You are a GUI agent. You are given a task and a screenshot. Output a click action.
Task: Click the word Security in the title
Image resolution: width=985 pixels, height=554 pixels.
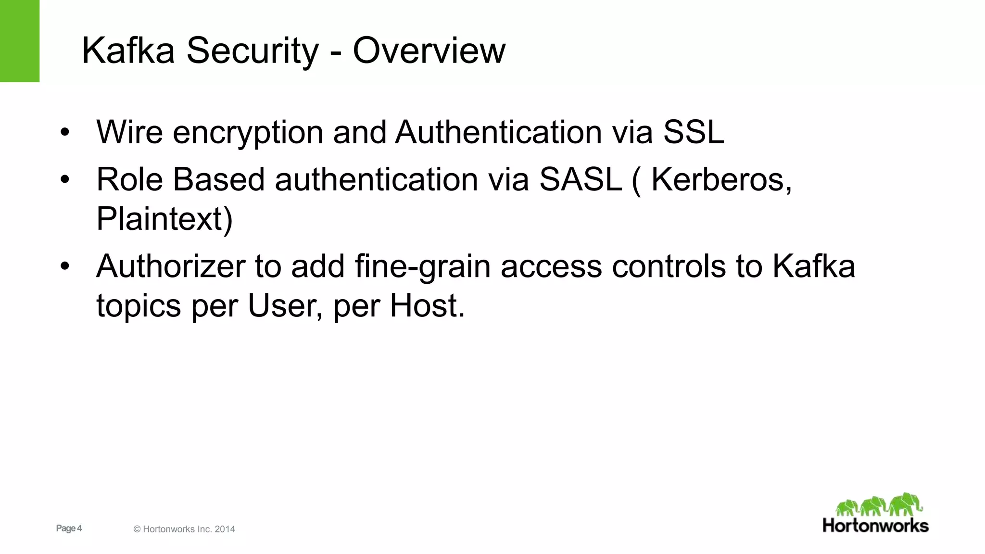(252, 50)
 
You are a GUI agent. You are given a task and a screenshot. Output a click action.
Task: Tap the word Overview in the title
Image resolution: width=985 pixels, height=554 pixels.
(429, 50)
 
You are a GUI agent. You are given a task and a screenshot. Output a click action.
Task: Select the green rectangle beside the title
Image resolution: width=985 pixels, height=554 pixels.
(20, 41)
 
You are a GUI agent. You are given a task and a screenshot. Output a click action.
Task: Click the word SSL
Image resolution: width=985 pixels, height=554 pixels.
(694, 132)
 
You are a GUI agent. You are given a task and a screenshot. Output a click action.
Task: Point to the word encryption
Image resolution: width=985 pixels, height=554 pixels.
(248, 133)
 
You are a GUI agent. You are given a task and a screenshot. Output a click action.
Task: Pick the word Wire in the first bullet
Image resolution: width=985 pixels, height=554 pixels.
(129, 132)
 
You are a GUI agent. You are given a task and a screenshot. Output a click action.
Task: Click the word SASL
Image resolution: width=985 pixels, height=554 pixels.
(581, 179)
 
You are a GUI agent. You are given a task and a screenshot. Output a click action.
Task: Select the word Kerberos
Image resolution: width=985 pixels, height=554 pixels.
(720, 179)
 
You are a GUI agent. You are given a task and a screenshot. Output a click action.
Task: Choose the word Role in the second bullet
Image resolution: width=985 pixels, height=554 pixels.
(129, 179)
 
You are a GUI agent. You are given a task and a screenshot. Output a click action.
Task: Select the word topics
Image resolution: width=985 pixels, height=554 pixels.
(139, 306)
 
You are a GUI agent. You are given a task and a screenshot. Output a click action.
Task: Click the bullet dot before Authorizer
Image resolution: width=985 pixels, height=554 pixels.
(65, 266)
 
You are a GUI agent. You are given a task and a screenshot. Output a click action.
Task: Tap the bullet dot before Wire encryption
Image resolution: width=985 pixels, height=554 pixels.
(65, 132)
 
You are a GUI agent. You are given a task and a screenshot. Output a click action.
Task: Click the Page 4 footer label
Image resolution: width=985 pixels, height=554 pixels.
(69, 528)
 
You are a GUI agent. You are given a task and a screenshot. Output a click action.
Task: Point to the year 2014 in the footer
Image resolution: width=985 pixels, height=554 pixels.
(225, 529)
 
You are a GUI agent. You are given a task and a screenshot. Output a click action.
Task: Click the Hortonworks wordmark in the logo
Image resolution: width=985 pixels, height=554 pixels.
(875, 525)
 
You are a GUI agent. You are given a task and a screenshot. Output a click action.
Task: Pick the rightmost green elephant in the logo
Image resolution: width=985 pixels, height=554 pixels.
(905, 504)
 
